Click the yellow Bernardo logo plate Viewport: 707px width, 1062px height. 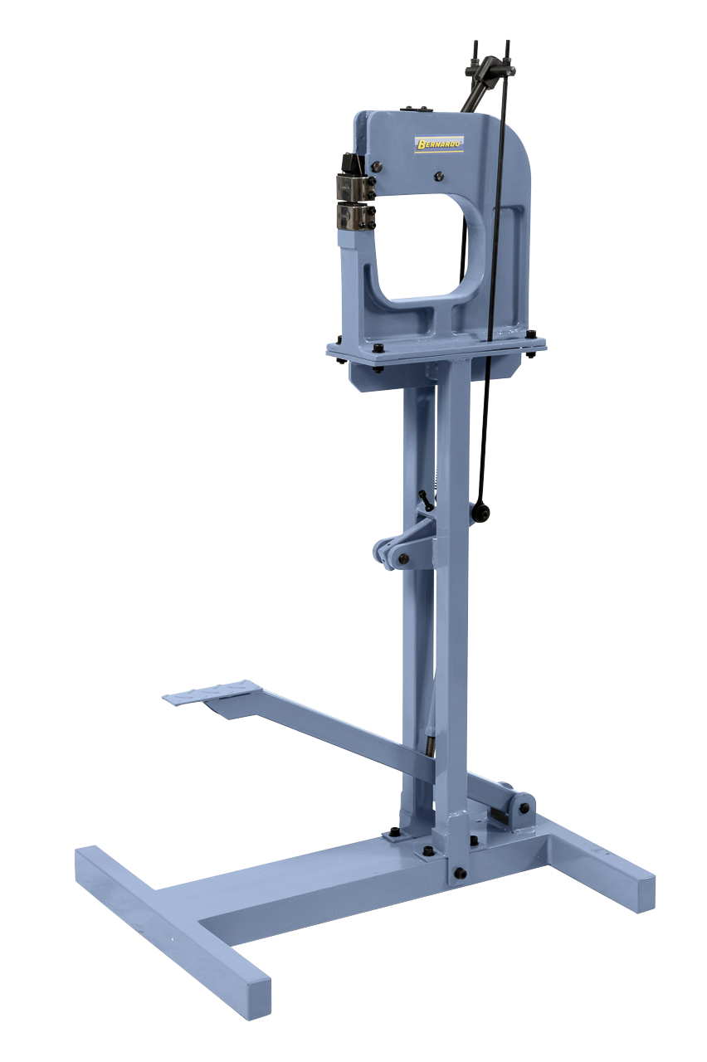[x=439, y=144]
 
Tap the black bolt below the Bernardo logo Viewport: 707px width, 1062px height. [x=439, y=177]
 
